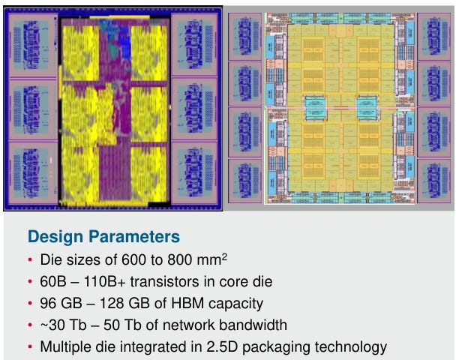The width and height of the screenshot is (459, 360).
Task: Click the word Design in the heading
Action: click(x=53, y=237)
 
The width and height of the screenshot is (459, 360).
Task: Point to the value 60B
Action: click(x=52, y=283)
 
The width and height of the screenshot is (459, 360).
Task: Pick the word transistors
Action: click(x=159, y=283)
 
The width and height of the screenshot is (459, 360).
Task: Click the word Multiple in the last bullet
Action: click(x=65, y=346)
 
